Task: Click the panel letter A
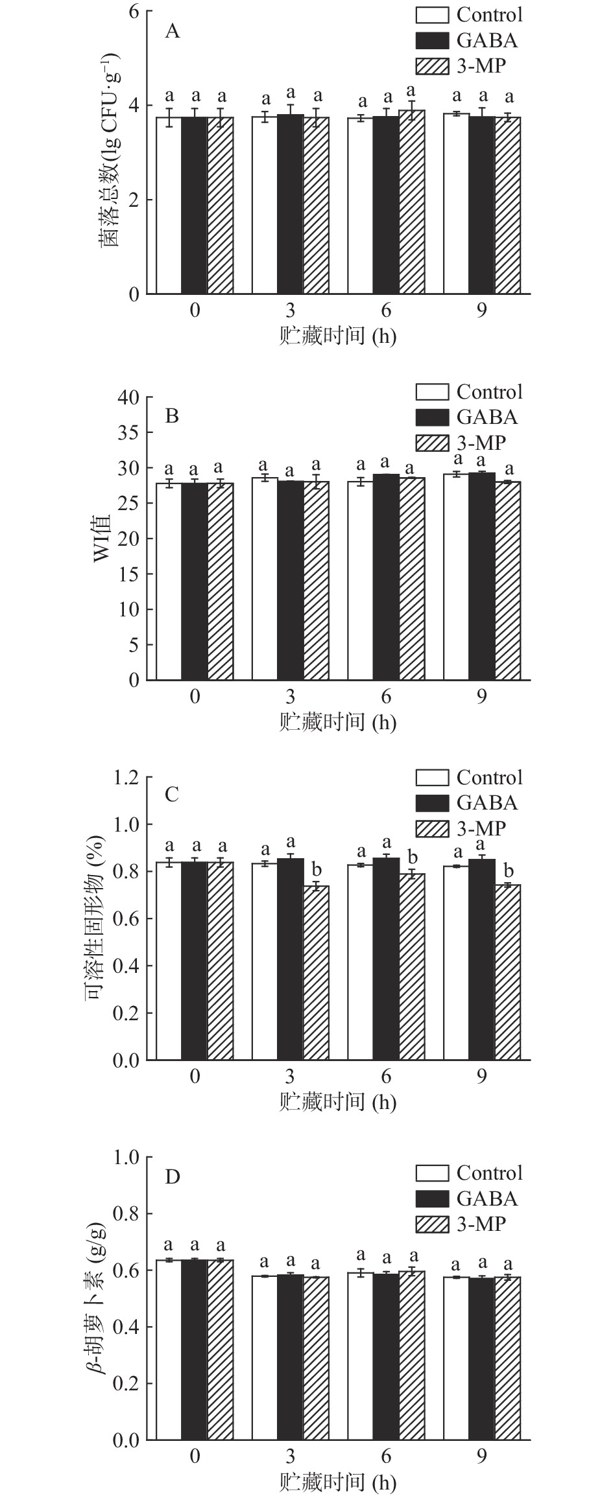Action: pos(172,31)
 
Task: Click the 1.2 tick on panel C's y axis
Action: pos(127,777)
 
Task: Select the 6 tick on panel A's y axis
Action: pos(134,11)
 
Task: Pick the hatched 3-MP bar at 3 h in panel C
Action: pos(316,972)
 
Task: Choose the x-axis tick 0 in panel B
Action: pos(195,697)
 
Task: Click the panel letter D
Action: pos(172,1176)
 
